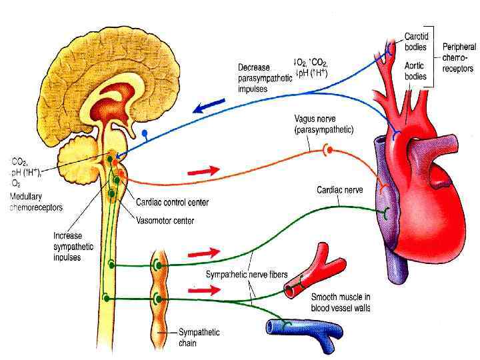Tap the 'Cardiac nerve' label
339,189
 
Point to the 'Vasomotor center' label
165,216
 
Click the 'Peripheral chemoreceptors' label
459,57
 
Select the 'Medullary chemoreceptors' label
37,203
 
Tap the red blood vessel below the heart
313,271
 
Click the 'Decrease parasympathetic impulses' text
265,77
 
